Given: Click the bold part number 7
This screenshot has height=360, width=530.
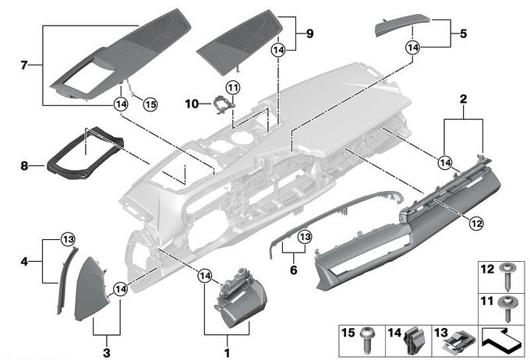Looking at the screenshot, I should click(23, 65).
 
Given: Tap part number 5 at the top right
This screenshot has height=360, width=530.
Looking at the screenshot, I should click(462, 34).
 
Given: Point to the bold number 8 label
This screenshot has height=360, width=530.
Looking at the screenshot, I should click(23, 164).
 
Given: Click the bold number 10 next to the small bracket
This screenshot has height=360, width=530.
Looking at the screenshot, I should click(193, 104).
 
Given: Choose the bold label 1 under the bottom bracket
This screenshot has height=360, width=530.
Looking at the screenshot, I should click(227, 341).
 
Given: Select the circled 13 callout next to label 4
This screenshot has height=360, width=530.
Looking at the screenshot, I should click(67, 238).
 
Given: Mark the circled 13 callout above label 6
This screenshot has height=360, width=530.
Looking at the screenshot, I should click(304, 235).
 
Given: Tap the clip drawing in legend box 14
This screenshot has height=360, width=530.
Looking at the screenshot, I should click(414, 341).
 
